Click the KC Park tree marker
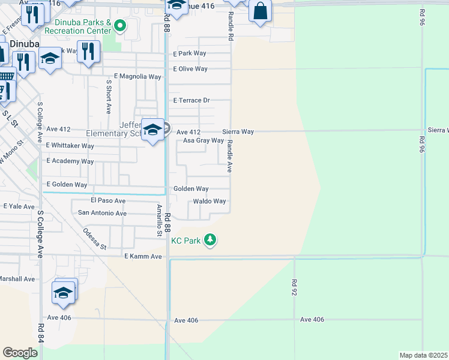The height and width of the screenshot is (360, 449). tap(209, 240)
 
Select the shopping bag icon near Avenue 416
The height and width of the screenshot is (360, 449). tap(260, 11)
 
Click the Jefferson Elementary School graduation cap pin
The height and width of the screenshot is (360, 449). tap(152, 130)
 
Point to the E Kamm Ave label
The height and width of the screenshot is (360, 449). tap(143, 257)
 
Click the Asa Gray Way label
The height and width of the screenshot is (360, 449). tap(203, 140)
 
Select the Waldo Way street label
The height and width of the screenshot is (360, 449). tap(209, 202)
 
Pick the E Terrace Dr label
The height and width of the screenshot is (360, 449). tap(191, 101)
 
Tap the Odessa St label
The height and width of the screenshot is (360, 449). tap(94, 239)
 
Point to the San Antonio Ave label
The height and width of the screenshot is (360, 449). tap(103, 213)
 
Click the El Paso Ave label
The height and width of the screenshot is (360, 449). tap(108, 200)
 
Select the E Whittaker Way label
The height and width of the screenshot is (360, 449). tap(70, 146)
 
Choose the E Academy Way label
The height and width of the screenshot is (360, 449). tap(70, 161)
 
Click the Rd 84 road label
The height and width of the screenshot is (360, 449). tap(41, 333)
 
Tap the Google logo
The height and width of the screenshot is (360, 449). tap(20, 352)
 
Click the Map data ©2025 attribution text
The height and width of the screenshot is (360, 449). tap(423, 355)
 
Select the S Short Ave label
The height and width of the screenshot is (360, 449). tap(109, 97)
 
